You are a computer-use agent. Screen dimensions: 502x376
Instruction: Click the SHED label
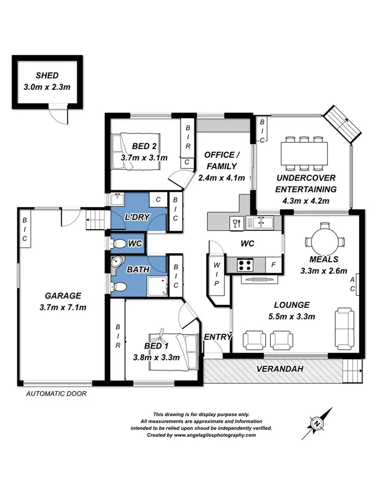[x=47, y=76]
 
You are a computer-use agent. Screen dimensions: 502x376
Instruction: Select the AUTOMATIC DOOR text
[x=56, y=393]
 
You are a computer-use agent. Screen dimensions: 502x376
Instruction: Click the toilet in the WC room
[x=119, y=244]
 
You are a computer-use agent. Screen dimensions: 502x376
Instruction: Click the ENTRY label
[x=216, y=337]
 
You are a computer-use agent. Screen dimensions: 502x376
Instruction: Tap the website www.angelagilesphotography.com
[x=209, y=435]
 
